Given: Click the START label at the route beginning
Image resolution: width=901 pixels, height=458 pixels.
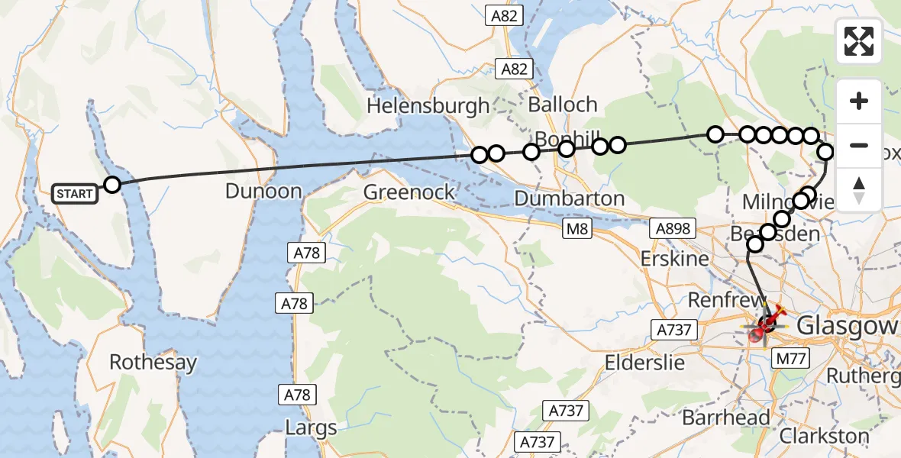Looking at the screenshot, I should tap(74, 194).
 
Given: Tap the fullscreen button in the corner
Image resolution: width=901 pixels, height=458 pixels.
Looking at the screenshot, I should tap(859, 41).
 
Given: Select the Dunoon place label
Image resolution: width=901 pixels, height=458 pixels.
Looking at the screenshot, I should tap(263, 191).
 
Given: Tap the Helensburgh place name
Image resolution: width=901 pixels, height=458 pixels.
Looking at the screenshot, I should tap(428, 105).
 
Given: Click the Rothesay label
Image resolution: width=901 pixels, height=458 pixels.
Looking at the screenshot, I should tap(153, 362).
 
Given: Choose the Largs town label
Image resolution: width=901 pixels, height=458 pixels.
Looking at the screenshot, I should tap(311, 427).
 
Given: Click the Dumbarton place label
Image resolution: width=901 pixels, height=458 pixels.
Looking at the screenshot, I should tap(569, 198).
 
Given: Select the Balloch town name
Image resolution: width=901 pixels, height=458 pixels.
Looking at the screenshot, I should tap(562, 104).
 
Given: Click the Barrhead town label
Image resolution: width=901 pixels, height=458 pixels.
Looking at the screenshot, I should tap(725, 418).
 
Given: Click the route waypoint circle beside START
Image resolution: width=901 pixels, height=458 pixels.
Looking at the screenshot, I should tap(112, 185).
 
